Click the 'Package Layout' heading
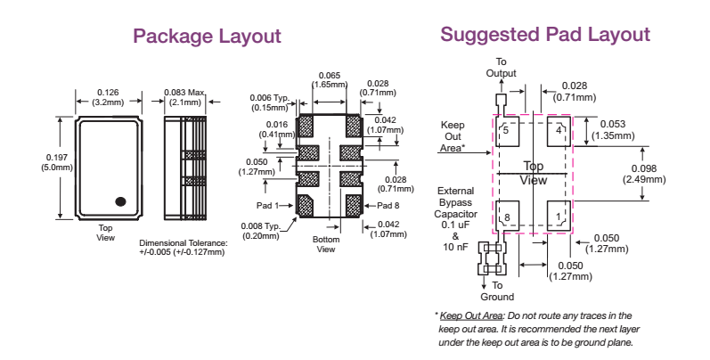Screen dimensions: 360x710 (x=207, y=37)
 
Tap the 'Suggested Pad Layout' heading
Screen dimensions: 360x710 (x=545, y=35)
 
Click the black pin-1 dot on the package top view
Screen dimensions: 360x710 (x=121, y=200)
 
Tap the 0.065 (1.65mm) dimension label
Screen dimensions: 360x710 (x=328, y=80)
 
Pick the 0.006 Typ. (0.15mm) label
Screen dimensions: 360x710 (x=266, y=102)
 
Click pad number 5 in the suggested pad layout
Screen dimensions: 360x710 (x=506, y=130)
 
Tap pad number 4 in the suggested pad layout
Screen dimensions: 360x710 (x=559, y=130)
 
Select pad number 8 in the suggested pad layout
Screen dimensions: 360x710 (x=506, y=217)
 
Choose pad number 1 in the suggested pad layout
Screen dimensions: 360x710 (x=559, y=217)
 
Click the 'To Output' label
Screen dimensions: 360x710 (x=501, y=67)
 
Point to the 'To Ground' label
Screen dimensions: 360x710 (x=497, y=290)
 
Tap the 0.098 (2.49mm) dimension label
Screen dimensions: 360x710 (x=642, y=174)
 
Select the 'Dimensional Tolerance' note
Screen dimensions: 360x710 (x=183, y=248)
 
